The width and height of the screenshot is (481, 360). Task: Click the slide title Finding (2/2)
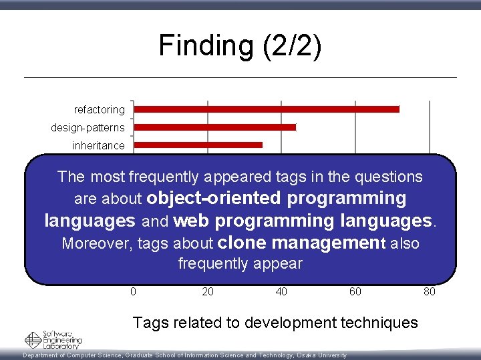pos(240,46)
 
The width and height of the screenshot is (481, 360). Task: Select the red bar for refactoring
pos(267,109)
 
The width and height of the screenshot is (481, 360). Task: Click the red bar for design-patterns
pos(214,127)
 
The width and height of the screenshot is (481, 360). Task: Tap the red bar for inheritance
pos(198,145)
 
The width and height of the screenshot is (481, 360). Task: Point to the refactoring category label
pos(99,109)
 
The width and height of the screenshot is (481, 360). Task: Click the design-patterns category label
pos(88,127)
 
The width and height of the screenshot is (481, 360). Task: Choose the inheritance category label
pos(99,145)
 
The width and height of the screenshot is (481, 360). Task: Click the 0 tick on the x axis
pos(134,291)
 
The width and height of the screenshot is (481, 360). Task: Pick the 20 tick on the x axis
pos(208,291)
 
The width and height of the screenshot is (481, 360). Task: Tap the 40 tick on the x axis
pos(281,291)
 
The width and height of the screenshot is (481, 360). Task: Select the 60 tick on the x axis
pos(355,291)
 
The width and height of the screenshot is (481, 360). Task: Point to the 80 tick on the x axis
pos(429,291)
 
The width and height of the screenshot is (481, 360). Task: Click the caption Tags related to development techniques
pos(275,323)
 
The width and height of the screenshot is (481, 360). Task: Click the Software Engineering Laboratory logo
pos(53,339)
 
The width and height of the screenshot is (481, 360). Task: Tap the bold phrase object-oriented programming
pos(276,198)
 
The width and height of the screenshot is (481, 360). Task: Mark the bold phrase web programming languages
pos(303,220)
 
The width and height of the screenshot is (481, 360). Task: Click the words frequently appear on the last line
pos(240,263)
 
